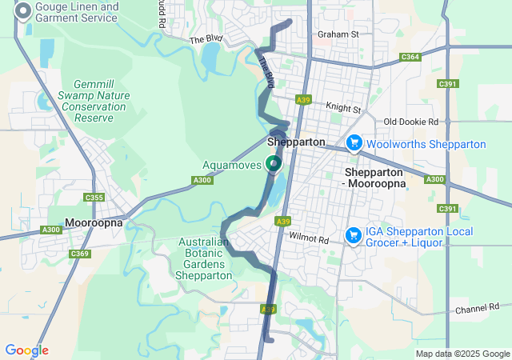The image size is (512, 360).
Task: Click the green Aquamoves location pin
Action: [x=274, y=163]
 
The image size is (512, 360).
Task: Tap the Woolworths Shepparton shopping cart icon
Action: [x=353, y=142]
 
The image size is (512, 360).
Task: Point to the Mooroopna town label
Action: [x=94, y=222]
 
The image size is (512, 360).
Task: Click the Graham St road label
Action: [x=338, y=34]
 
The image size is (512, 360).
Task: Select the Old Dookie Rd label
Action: [x=411, y=122]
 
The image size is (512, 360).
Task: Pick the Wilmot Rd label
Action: [x=310, y=238]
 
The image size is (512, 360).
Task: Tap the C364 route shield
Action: [x=410, y=57]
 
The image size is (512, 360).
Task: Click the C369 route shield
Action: [x=79, y=254]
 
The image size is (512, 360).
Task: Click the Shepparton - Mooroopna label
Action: [x=375, y=178]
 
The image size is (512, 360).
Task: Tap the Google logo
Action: [x=26, y=350]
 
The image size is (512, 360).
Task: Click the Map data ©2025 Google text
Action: [x=462, y=354]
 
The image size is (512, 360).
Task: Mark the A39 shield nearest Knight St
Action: [x=302, y=100]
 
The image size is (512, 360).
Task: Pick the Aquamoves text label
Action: [x=231, y=165]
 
